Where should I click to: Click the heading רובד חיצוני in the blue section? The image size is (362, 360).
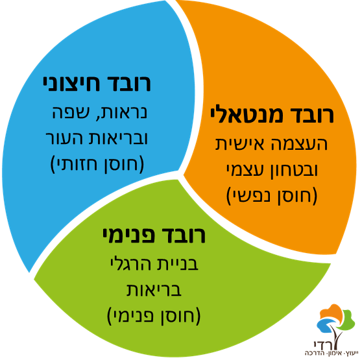tap(97, 83)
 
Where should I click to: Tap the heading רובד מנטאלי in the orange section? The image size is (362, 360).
tap(272, 114)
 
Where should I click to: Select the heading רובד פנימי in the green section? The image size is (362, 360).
tap(154, 235)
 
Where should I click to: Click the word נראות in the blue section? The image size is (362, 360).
tap(123, 113)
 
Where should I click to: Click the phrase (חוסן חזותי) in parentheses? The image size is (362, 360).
tap(97, 164)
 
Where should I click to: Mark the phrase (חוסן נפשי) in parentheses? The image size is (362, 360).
tap(272, 196)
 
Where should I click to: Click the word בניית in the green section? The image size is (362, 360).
tap(178, 263)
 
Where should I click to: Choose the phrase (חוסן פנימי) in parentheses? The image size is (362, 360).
tap(154, 316)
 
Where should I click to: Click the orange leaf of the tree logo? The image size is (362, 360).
tap(331, 312)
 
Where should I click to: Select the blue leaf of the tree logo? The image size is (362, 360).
tap(326, 325)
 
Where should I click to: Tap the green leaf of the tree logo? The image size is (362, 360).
tap(346, 319)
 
